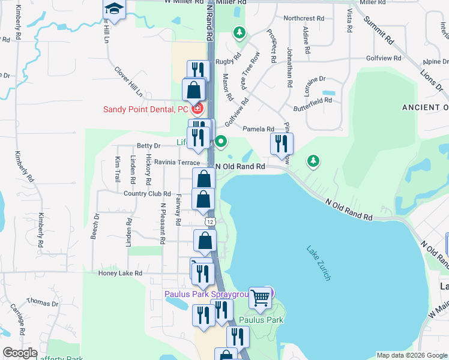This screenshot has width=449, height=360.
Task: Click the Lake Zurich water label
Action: pos(319,262)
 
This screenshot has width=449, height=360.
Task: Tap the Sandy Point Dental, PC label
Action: pos(146,109)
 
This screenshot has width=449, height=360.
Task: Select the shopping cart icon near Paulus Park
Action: pos(260,296)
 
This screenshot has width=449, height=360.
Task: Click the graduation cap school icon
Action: pos(113,8)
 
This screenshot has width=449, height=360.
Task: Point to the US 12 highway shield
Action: pos(209,221)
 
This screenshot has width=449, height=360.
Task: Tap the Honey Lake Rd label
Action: pos(120,273)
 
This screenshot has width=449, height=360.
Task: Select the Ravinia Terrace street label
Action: pos(176,162)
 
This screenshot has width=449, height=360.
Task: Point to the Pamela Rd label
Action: pos(258,129)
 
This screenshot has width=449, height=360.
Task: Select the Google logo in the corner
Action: pos(20,353)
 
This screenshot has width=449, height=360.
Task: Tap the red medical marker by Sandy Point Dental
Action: pos(197,109)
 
